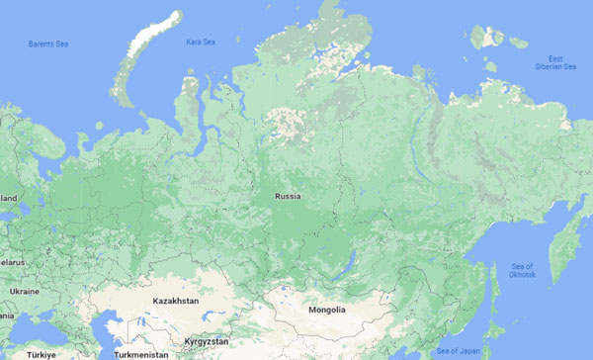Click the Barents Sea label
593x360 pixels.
(48, 45)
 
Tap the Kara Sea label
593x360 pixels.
(201, 42)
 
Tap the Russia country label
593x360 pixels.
(289, 197)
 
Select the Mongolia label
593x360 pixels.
(326, 310)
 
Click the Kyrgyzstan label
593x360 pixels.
(206, 341)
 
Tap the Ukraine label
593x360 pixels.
(23, 292)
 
